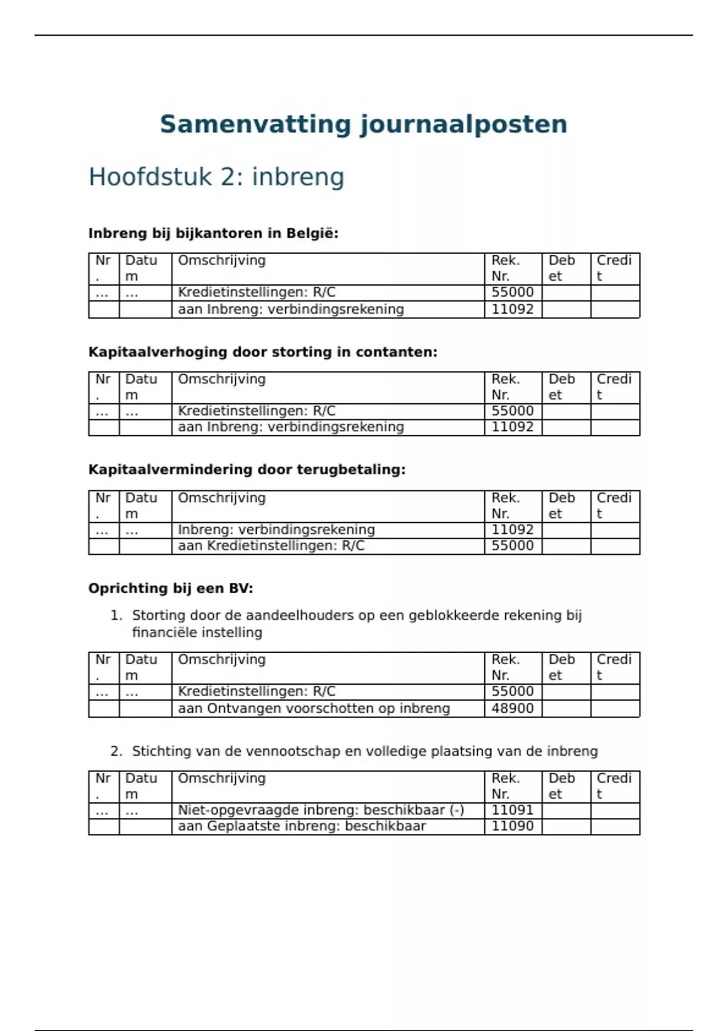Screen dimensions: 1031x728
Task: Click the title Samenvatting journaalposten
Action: pyautogui.click(x=363, y=124)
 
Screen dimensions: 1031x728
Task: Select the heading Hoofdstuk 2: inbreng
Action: pyautogui.click(x=216, y=177)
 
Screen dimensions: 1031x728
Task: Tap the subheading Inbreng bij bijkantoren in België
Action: pyautogui.click(x=213, y=233)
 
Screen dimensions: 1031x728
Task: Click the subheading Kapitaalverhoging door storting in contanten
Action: pyautogui.click(x=263, y=352)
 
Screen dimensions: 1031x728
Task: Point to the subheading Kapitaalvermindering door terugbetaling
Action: pyautogui.click(x=247, y=469)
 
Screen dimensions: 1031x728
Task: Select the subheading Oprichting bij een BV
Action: pyautogui.click(x=170, y=588)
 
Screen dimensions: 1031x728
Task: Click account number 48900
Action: pyautogui.click(x=512, y=708)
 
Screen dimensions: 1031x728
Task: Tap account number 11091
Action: pyautogui.click(x=512, y=810)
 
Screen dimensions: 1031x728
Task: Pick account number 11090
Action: pyautogui.click(x=512, y=826)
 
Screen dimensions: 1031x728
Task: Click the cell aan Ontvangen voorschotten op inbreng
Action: pyautogui.click(x=314, y=708)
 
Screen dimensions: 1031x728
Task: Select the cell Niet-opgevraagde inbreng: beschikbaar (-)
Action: pyautogui.click(x=321, y=810)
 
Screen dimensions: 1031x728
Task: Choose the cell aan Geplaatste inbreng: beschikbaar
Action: pyautogui.click(x=302, y=826)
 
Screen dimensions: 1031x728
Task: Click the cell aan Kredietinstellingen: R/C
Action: pyautogui.click(x=271, y=546)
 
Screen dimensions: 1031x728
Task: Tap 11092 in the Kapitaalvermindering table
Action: pyautogui.click(x=512, y=529)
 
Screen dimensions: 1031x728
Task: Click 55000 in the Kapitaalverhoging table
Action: pyautogui.click(x=512, y=411)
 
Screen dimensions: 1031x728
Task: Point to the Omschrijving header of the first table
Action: pyautogui.click(x=221, y=261)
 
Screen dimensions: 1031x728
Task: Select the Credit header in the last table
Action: pyautogui.click(x=614, y=786)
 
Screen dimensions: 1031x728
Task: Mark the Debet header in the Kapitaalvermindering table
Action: pyautogui.click(x=562, y=506)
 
